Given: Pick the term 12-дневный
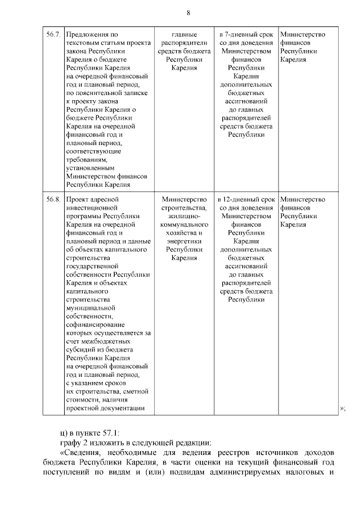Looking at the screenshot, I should pos(246,199).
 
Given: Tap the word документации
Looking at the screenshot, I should pos(121,408).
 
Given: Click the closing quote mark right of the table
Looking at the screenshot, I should pos(341,408).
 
